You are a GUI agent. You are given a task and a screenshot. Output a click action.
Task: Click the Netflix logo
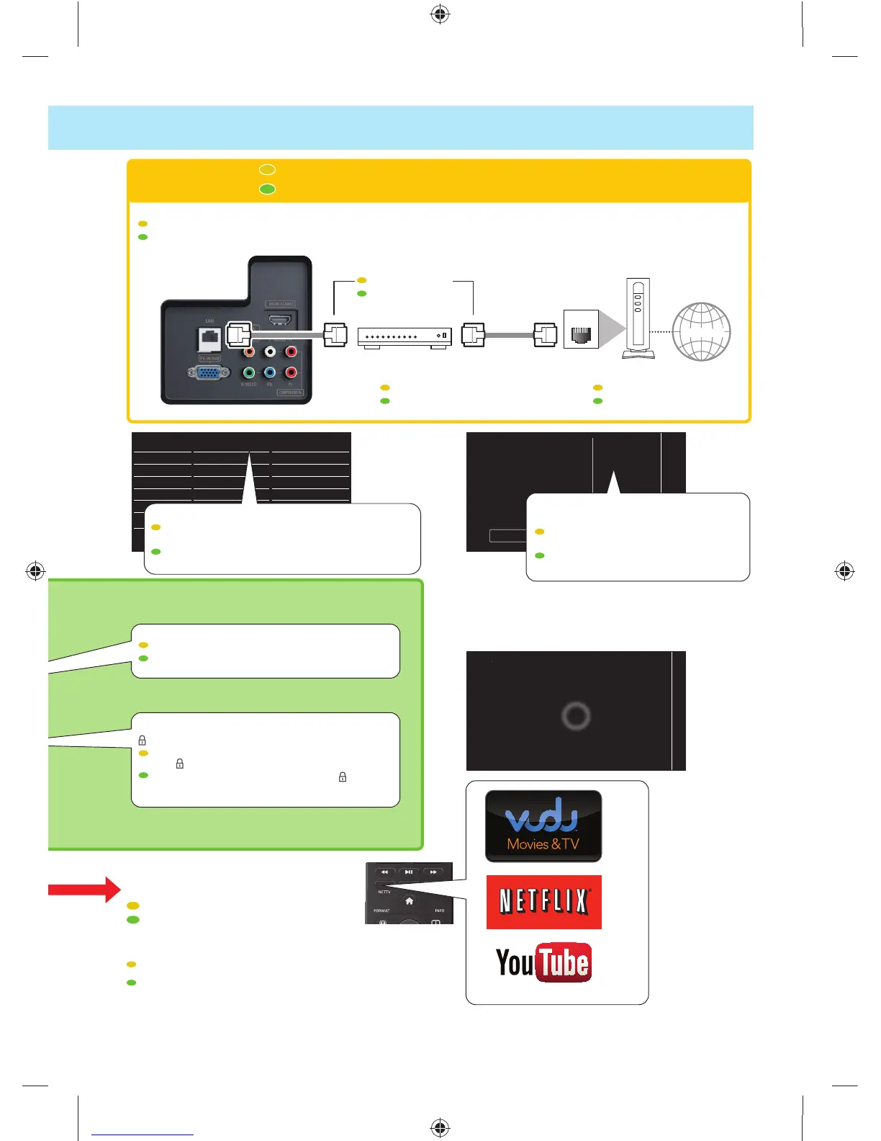point(543,902)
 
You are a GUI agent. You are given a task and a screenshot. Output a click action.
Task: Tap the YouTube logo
point(543,962)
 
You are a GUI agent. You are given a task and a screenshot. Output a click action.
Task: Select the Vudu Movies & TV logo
point(543,826)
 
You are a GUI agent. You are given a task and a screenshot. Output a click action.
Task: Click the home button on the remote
point(409,901)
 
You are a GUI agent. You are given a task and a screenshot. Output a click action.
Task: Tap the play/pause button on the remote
point(408,872)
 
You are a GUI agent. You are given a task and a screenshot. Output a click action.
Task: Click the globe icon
point(701,332)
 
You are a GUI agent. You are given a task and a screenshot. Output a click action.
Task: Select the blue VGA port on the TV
point(208,373)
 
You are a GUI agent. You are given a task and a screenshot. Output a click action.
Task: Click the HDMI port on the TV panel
point(280,320)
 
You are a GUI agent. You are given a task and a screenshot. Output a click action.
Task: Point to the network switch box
point(405,336)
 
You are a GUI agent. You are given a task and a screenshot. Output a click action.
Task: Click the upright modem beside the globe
point(638,318)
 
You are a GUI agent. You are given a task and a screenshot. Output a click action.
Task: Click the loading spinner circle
point(576,716)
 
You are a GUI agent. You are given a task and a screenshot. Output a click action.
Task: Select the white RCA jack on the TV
point(270,352)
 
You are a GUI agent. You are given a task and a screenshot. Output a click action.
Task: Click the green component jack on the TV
point(249,372)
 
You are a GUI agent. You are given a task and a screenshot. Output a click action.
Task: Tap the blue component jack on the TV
point(270,372)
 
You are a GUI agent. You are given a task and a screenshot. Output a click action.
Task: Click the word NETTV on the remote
point(384,892)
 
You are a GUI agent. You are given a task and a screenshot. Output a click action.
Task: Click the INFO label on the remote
point(439,910)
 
